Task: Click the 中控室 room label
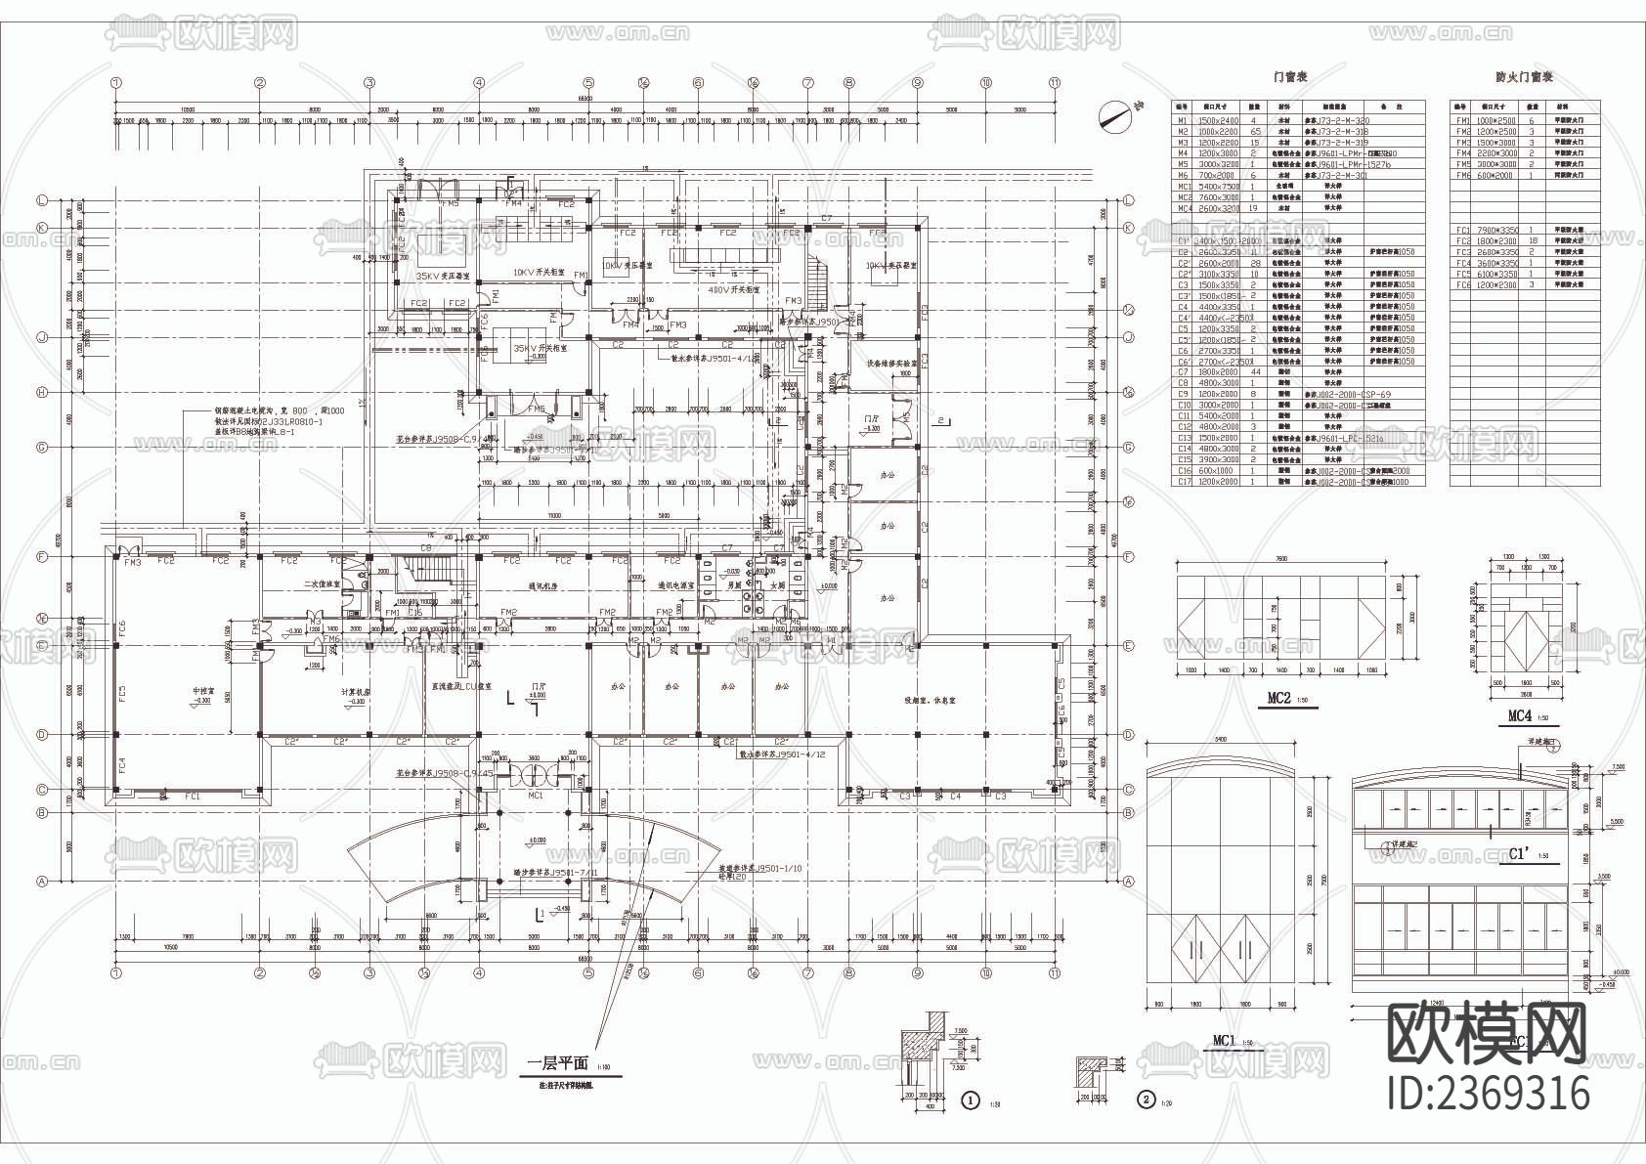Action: [202, 694]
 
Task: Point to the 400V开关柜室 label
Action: [734, 289]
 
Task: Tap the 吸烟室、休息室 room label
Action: [930, 700]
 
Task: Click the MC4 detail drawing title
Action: [1518, 715]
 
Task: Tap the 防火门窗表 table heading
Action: [1524, 76]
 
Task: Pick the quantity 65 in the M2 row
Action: [1255, 131]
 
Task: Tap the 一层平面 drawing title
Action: [556, 1064]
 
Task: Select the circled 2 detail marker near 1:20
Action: [1147, 1099]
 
